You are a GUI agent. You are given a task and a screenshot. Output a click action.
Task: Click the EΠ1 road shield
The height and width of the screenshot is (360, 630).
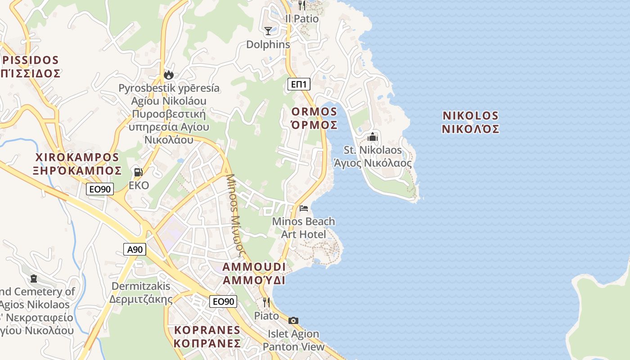(299, 84)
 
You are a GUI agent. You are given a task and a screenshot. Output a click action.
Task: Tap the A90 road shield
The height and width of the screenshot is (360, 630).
(135, 249)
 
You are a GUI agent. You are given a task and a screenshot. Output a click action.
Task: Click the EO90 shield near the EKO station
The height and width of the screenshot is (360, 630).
(100, 189)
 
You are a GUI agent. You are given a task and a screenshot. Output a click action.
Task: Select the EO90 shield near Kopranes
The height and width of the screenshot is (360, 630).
(223, 301)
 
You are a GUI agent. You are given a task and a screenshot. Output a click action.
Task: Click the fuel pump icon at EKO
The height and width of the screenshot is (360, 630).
(138, 172)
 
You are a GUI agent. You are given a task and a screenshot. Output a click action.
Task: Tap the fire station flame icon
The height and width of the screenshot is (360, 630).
(169, 74)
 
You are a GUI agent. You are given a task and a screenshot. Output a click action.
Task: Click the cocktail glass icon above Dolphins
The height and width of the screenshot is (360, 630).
(268, 31)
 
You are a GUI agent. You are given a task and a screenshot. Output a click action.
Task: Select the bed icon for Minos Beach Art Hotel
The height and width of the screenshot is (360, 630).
(304, 208)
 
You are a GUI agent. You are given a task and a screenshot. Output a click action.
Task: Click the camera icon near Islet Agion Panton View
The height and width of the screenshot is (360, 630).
(293, 320)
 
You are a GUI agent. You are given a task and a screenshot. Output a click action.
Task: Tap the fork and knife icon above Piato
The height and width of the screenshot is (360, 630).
(266, 302)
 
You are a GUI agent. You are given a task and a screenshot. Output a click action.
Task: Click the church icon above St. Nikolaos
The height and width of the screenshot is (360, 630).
(373, 136)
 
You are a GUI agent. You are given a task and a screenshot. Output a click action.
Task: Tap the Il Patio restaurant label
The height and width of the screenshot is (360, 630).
(302, 19)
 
